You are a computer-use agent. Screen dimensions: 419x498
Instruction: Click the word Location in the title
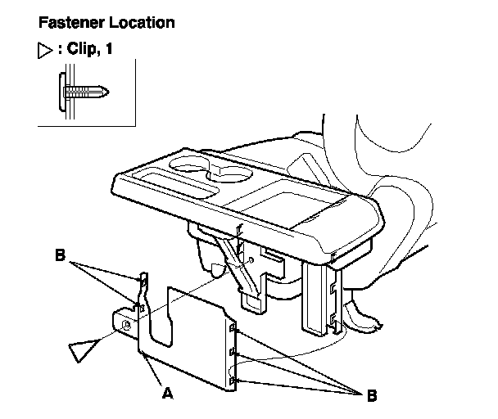tap(139, 23)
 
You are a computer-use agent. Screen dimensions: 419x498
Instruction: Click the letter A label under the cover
tap(168, 393)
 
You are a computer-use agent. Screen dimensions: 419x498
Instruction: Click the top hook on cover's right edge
tap(233, 330)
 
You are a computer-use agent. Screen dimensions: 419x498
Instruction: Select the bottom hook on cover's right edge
tap(233, 381)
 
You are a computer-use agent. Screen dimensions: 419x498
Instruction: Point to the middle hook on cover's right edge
tap(233, 354)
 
